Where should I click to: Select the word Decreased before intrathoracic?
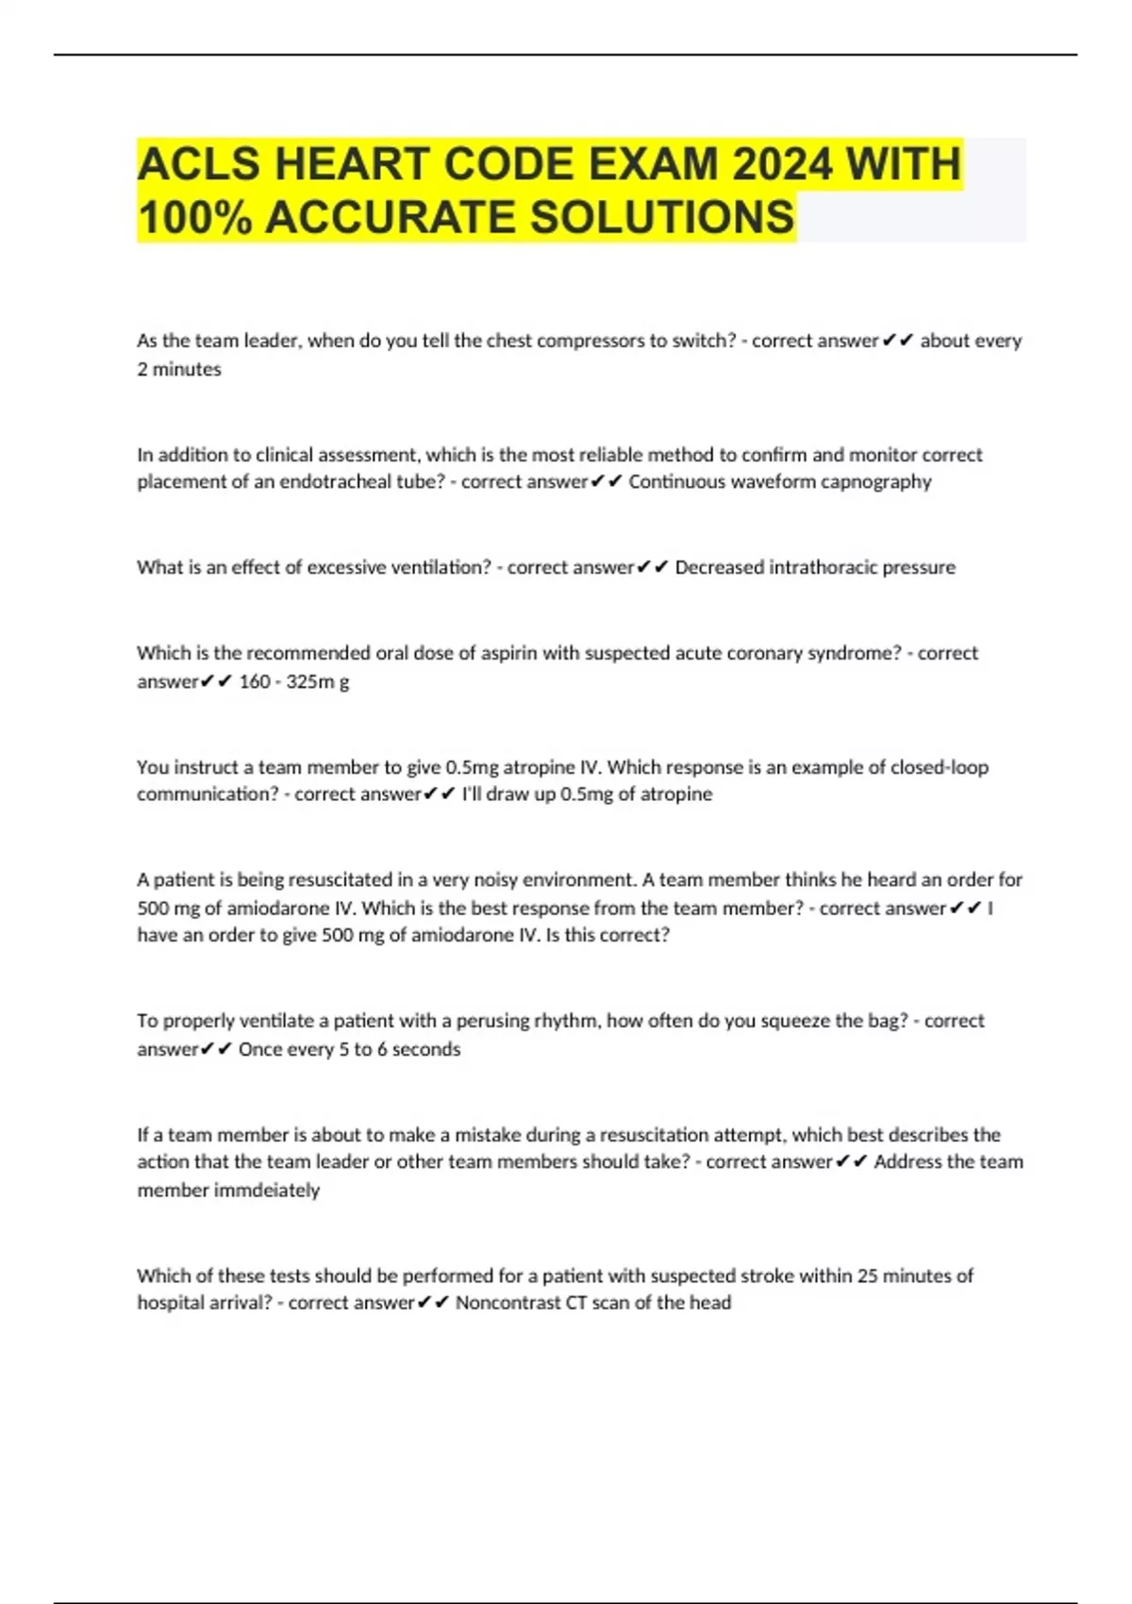[720, 567]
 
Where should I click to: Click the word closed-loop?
[940, 767]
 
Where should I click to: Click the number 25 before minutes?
[867, 1276]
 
